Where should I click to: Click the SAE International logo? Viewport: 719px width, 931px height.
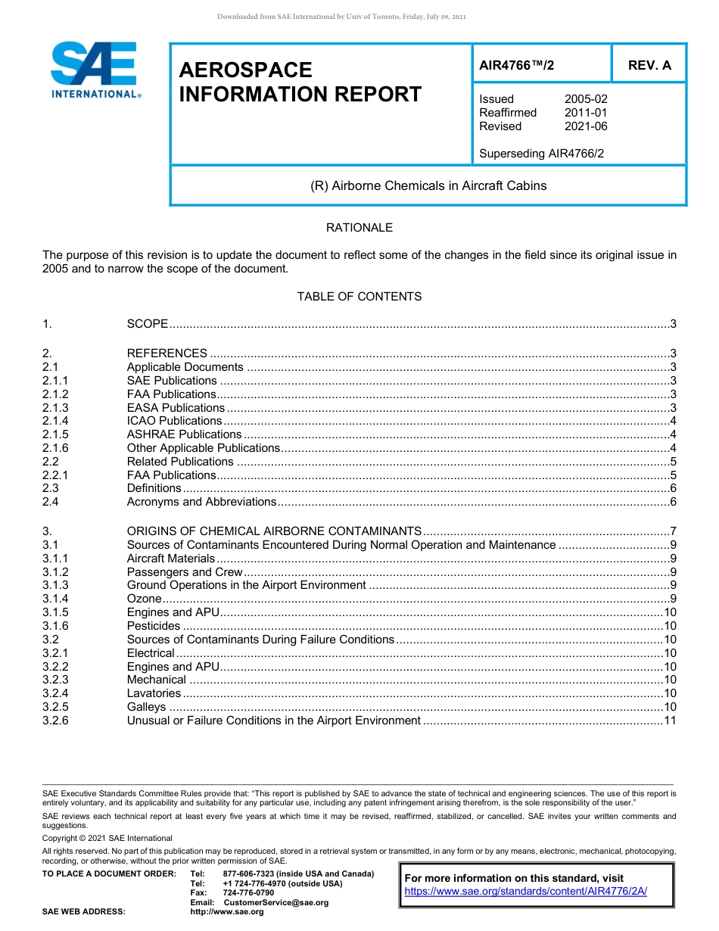95,70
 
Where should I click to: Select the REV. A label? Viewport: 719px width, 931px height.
649,65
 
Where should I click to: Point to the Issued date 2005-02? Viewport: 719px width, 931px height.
586,99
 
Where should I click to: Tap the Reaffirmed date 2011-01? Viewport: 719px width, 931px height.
586,113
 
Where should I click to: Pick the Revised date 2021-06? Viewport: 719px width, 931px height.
586,126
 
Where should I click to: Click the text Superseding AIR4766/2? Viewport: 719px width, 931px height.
541,154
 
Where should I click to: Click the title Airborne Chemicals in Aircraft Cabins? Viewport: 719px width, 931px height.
428,185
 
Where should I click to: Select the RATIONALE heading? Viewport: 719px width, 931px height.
359,228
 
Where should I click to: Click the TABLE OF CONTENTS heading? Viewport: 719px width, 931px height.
359,297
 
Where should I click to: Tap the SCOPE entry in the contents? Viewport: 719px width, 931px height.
148,324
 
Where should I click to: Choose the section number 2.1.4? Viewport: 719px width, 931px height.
55,421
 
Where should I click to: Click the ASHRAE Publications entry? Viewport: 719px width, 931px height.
184,434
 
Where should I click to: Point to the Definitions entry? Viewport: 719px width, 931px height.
154,489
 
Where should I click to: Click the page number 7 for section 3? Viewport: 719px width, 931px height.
673,531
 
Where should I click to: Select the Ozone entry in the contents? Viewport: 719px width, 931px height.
144,599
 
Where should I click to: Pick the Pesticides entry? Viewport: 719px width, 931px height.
154,626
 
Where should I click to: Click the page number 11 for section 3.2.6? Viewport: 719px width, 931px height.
670,721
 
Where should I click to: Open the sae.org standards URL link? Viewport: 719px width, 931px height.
526,892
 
